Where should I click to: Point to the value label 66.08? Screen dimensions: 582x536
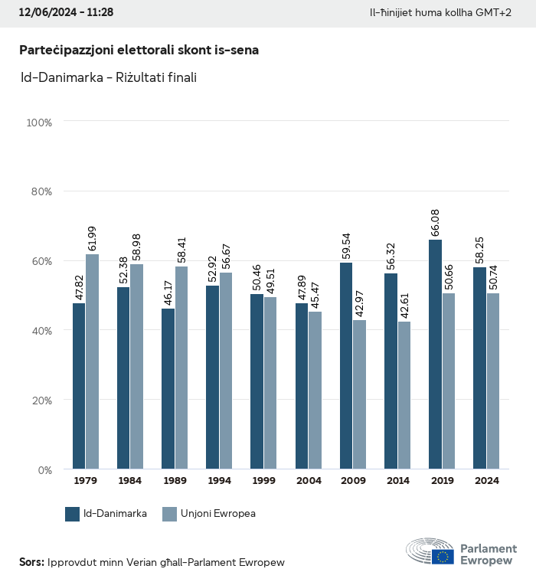435,221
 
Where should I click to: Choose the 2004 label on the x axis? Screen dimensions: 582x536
309,481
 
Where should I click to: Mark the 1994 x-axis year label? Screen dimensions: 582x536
219,481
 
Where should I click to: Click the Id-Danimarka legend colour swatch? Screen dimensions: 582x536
73,514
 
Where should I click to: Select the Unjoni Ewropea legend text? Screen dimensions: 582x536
218,514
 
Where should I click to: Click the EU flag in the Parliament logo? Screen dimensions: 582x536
442,556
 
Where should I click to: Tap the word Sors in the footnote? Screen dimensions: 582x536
31,562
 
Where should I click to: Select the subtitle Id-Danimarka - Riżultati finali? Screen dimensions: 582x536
108,77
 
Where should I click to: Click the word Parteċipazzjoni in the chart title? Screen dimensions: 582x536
63,50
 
